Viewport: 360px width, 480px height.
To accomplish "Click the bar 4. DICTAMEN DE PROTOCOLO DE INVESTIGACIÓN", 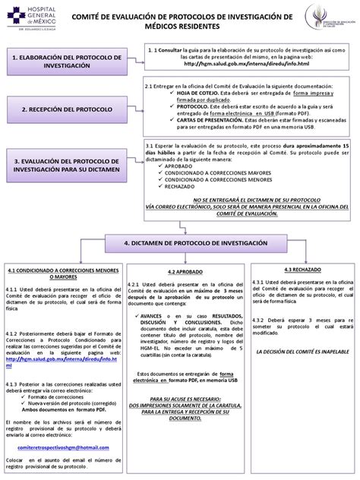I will [x=196, y=220].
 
